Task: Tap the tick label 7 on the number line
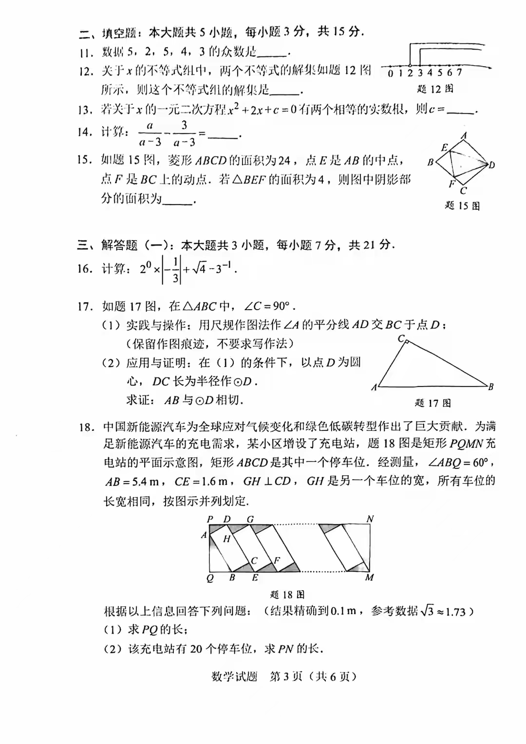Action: tap(459, 73)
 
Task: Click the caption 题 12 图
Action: tap(435, 89)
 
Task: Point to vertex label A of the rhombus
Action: tap(464, 136)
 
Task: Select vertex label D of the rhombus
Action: tap(492, 165)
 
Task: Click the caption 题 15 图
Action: tap(462, 205)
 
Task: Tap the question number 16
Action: tap(85, 269)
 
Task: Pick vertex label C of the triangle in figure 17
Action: tap(401, 338)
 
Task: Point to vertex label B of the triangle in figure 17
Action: tap(491, 387)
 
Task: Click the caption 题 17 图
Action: tap(432, 403)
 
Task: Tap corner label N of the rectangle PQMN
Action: tap(370, 519)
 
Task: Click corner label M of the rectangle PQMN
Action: tap(370, 577)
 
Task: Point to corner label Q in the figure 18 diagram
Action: tap(210, 578)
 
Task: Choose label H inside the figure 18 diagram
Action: tap(226, 539)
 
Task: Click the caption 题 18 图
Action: tap(287, 595)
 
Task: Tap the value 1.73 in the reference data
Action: tap(455, 612)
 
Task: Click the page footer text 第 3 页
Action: tap(286, 676)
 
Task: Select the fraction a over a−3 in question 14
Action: tap(150, 133)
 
